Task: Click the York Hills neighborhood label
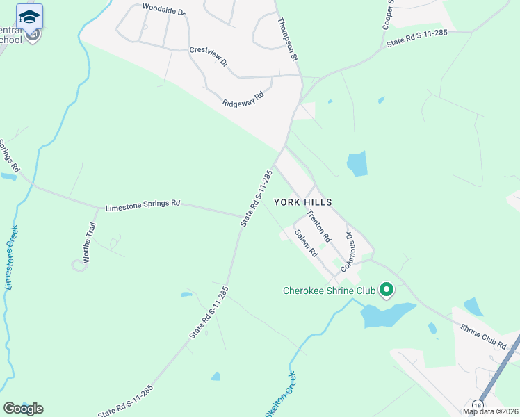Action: pyautogui.click(x=302, y=202)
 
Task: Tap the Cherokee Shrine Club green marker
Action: pyautogui.click(x=387, y=290)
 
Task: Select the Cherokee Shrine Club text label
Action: pyautogui.click(x=329, y=291)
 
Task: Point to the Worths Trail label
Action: pyautogui.click(x=88, y=243)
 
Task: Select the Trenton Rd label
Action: pyautogui.click(x=319, y=226)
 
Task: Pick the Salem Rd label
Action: pyautogui.click(x=305, y=243)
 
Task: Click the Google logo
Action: pyautogui.click(x=23, y=409)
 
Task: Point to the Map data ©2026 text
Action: pyautogui.click(x=490, y=411)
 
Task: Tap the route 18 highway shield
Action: pyautogui.click(x=478, y=405)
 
